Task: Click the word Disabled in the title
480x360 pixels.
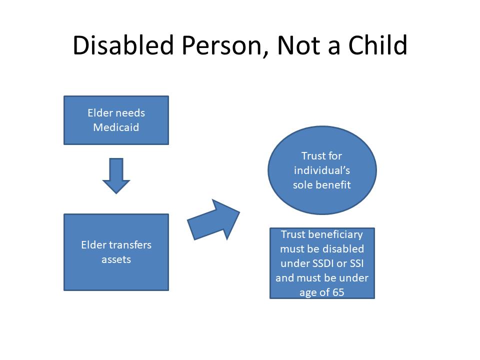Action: click(123, 45)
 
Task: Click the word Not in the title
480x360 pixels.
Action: click(299, 45)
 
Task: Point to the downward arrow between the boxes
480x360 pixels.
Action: click(116, 175)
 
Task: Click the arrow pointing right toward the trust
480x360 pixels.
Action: click(213, 220)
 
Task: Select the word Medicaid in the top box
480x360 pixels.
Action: click(116, 127)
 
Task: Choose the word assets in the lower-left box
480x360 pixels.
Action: click(116, 259)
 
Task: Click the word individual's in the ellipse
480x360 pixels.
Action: click(321, 170)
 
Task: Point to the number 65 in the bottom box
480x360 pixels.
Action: click(338, 292)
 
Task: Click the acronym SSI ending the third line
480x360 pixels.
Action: click(356, 263)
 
